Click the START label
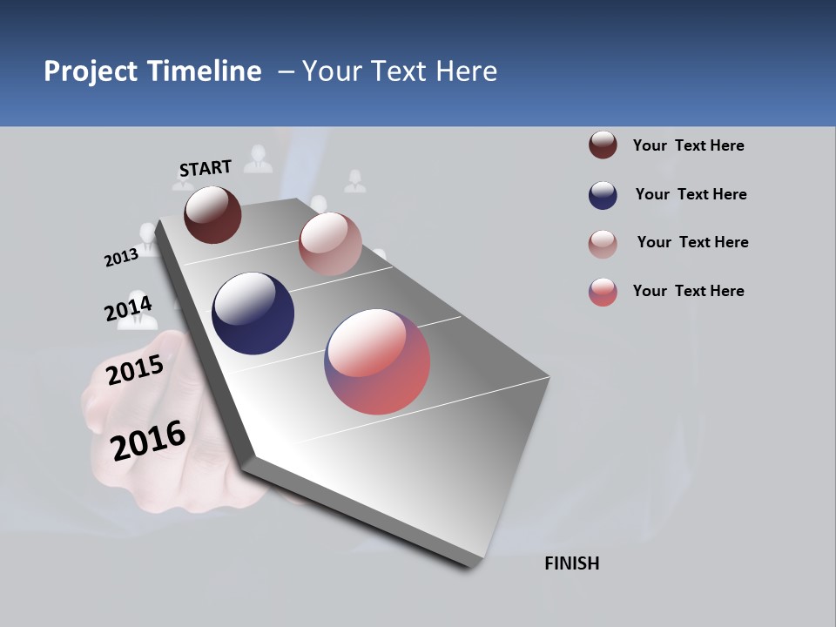click(x=206, y=168)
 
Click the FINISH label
click(x=571, y=563)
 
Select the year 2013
click(x=121, y=257)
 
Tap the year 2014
click(x=128, y=309)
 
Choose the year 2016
click(x=148, y=441)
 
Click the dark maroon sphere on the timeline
click(x=212, y=214)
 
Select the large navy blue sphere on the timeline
click(x=253, y=313)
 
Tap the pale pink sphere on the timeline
click(x=330, y=244)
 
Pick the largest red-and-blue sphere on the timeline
click(x=377, y=361)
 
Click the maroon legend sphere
click(x=603, y=145)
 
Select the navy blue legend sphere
click(x=603, y=195)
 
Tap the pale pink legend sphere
click(x=603, y=244)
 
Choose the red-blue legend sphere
click(x=603, y=292)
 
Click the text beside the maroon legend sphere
click(x=688, y=145)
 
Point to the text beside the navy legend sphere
click(x=691, y=194)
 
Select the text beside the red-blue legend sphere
click(x=688, y=291)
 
